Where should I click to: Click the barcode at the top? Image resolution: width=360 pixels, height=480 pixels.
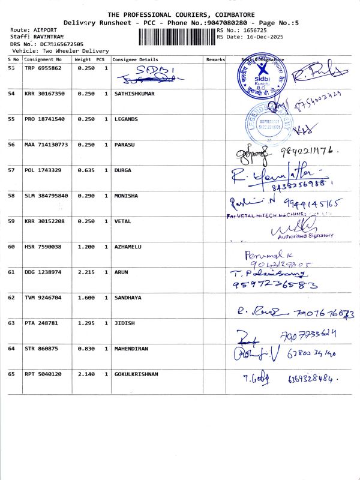tap(176, 37)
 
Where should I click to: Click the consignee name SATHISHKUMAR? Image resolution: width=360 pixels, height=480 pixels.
tap(134, 94)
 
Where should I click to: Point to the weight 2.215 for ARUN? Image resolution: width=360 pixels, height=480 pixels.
tap(86, 272)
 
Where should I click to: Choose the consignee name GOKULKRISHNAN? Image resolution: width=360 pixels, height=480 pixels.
tap(136, 374)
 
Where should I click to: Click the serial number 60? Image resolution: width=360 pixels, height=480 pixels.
tap(11, 247)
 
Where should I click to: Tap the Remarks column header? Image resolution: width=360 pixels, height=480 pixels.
tap(215, 60)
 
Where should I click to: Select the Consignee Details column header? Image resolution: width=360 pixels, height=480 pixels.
tap(136, 60)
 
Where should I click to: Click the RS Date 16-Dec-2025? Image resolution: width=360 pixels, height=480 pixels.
tap(250, 37)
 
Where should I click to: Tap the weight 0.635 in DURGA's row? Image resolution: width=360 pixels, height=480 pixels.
tap(86, 170)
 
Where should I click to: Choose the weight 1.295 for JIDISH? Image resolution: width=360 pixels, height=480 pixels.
tap(86, 323)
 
